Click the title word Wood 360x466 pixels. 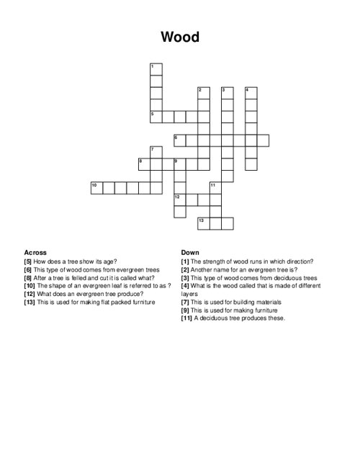point(180,37)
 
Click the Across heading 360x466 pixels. point(35,253)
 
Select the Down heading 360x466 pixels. point(190,253)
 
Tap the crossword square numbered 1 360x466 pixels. point(156,68)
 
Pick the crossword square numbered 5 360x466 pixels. point(156,115)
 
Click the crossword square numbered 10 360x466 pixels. point(96,187)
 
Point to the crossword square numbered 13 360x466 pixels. point(203,223)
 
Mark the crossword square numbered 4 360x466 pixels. point(251,92)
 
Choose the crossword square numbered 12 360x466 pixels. point(179,199)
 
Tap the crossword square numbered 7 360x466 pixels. point(156,151)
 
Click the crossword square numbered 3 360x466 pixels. point(227,92)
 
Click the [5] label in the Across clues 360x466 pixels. point(28,261)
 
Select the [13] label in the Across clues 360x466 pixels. point(30,302)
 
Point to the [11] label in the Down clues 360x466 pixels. point(186,318)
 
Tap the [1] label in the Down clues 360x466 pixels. point(185,261)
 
